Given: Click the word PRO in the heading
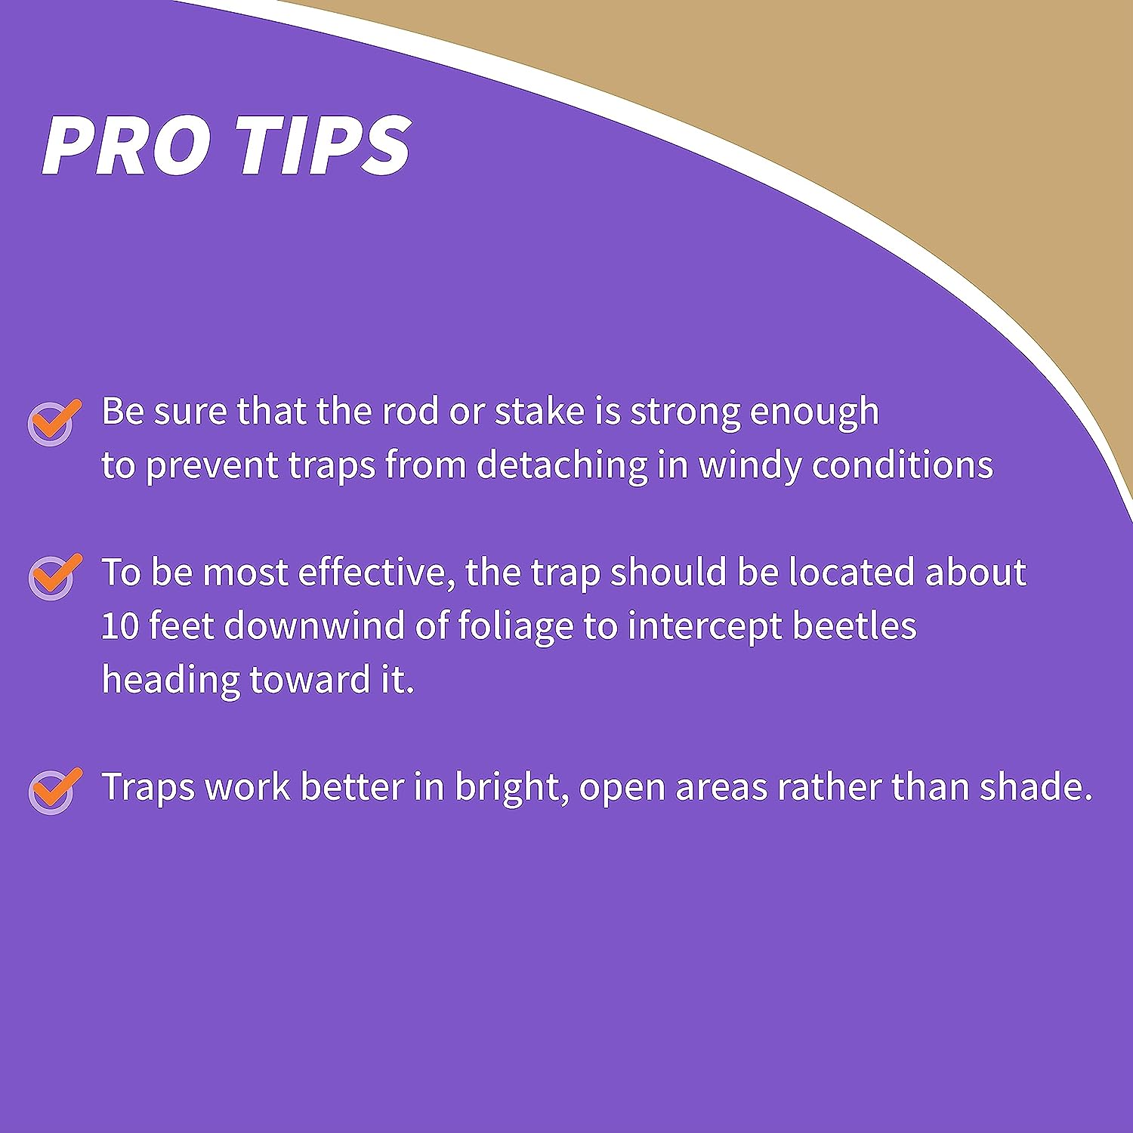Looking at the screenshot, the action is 126,146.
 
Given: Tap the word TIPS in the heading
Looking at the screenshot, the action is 324,146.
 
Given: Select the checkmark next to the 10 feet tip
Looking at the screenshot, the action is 54,577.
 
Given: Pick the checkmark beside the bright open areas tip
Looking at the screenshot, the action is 54,791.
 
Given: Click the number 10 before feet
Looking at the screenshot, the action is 119,627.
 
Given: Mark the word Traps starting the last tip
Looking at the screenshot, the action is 149,789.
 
